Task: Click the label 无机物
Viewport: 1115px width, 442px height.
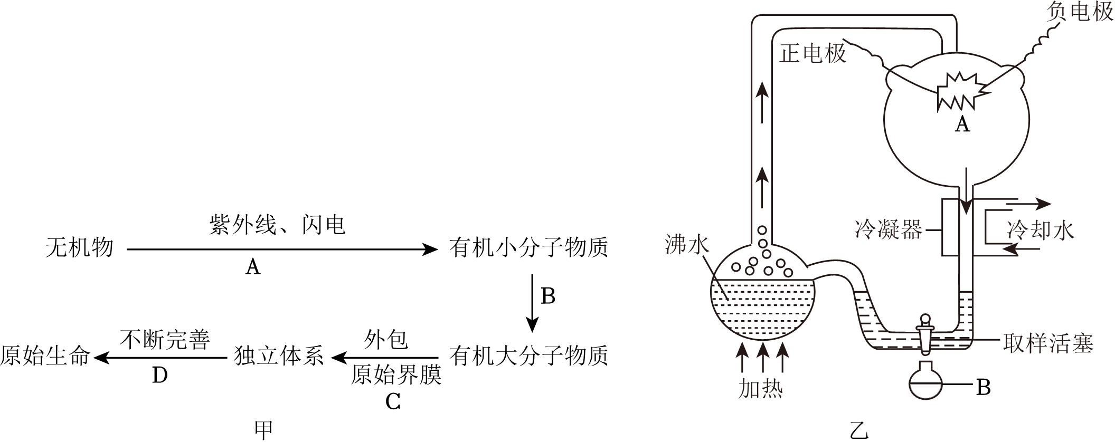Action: pyautogui.click(x=79, y=247)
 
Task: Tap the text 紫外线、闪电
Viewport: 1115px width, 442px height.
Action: pyautogui.click(x=277, y=225)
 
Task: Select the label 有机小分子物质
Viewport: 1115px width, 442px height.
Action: pyautogui.click(x=528, y=247)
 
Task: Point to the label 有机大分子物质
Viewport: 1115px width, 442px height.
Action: pyautogui.click(x=528, y=357)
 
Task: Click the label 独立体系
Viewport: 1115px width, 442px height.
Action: pyautogui.click(x=278, y=357)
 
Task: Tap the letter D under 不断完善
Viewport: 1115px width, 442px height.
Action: pyautogui.click(x=159, y=376)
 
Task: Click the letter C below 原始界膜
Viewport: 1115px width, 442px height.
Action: pyautogui.click(x=393, y=402)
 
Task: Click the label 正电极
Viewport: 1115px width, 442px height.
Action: pyautogui.click(x=812, y=53)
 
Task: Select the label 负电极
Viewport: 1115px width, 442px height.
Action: pyautogui.click(x=1080, y=12)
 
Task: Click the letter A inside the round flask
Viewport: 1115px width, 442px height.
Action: pyautogui.click(x=962, y=124)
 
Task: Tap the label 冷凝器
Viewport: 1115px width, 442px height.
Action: pyautogui.click(x=889, y=230)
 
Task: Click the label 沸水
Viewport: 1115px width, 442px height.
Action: pyautogui.click(x=687, y=245)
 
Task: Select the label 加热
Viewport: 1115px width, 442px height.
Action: pyautogui.click(x=760, y=389)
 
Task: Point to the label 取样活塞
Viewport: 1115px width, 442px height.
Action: pyautogui.click(x=1048, y=343)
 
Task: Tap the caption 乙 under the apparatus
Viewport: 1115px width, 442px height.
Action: pyautogui.click(x=859, y=430)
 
